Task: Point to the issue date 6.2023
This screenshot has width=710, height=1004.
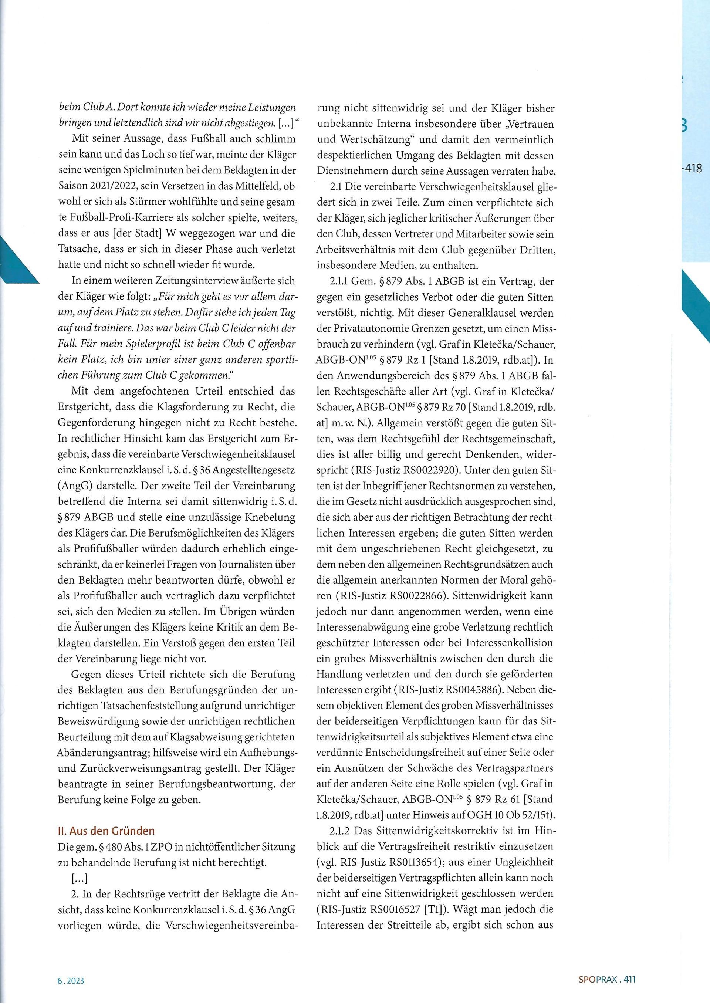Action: [70, 978]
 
